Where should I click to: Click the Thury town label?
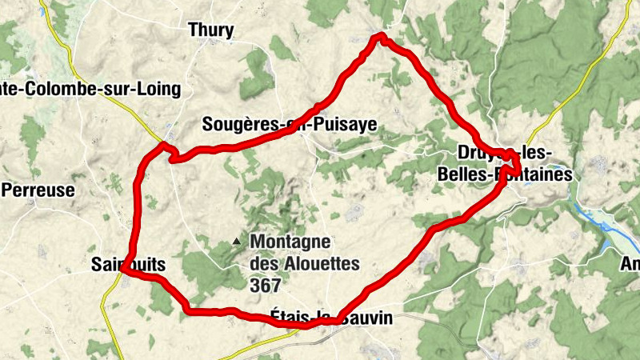[211, 31]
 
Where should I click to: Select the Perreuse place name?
[39, 190]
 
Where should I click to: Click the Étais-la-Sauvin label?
[331, 318]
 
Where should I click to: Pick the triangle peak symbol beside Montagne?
[236, 240]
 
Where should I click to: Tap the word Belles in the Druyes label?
[467, 174]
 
